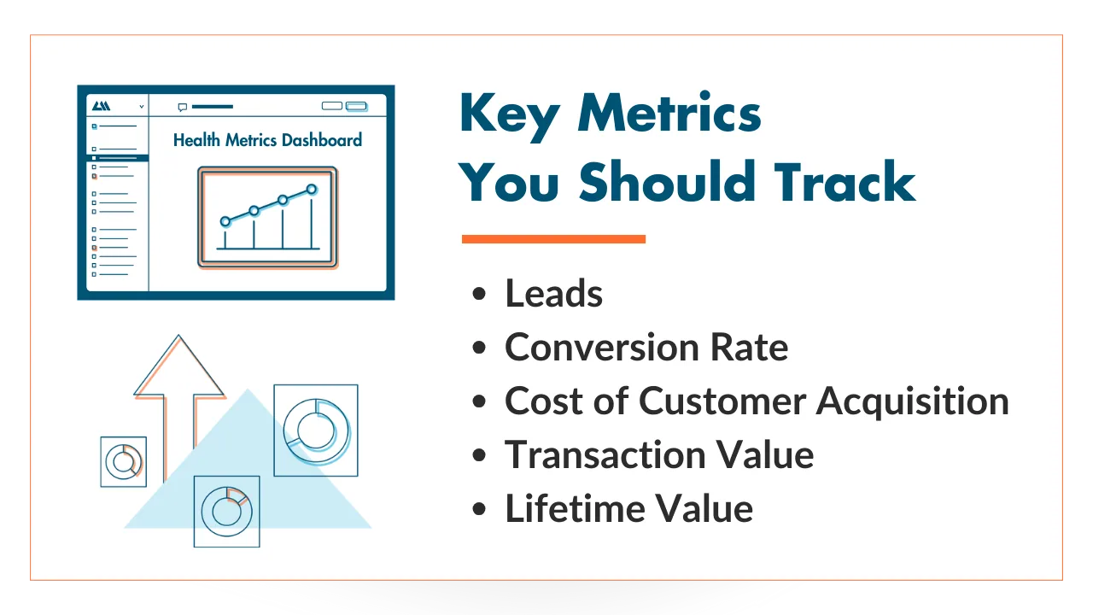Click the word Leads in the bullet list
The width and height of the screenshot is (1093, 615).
click(554, 293)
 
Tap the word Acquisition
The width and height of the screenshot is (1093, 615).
click(913, 401)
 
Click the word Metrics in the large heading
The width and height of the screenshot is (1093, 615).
click(669, 113)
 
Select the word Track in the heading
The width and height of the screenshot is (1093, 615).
click(845, 181)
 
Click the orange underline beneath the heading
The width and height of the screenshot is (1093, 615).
click(554, 238)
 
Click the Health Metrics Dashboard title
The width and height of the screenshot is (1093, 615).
click(267, 140)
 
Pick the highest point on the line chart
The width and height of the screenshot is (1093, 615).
click(312, 190)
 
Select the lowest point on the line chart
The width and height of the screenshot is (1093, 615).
click(225, 221)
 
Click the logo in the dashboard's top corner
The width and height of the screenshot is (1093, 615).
click(101, 106)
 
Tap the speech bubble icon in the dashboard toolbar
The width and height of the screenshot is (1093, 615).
click(183, 107)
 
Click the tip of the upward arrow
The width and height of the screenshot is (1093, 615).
click(178, 335)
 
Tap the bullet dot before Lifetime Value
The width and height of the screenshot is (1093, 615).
click(479, 508)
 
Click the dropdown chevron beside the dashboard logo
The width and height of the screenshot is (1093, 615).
click(142, 107)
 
